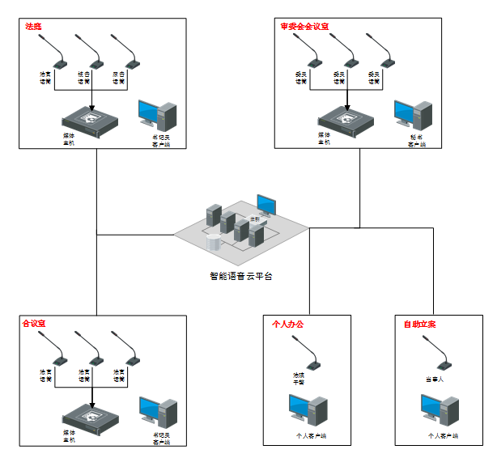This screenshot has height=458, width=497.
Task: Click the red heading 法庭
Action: (x=33, y=26)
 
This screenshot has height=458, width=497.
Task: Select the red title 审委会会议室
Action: (x=305, y=26)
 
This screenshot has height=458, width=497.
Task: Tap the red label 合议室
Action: (x=34, y=323)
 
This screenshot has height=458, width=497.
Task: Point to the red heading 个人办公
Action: (x=287, y=324)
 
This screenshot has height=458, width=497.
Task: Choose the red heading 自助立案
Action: (x=419, y=324)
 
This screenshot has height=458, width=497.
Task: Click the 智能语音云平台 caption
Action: (x=241, y=276)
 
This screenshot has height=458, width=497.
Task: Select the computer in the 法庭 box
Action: (x=157, y=115)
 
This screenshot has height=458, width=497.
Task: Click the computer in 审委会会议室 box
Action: (x=413, y=115)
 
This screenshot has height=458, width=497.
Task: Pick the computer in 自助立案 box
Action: (x=440, y=411)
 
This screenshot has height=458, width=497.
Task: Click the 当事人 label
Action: (x=435, y=378)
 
